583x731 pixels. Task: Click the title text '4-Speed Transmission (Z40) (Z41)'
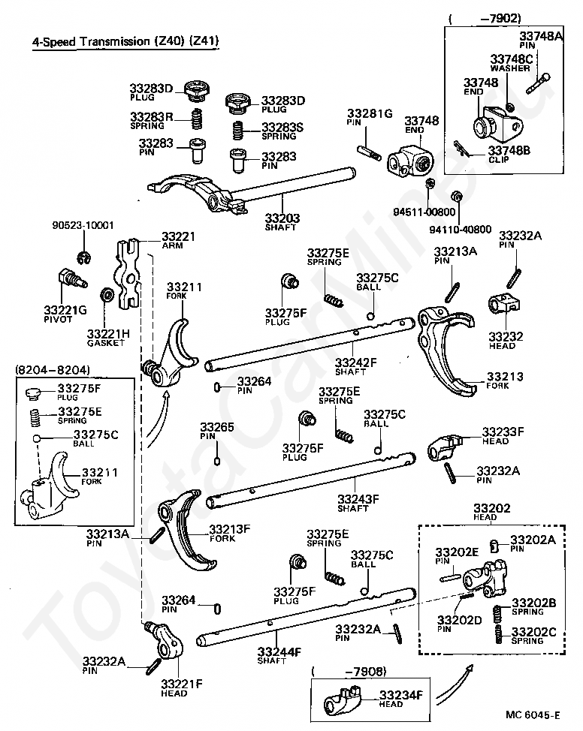125,42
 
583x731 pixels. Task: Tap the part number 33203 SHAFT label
282,222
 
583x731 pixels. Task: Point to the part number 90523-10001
83,224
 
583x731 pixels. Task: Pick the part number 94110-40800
461,229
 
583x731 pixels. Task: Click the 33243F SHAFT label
358,502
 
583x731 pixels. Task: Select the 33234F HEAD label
401,698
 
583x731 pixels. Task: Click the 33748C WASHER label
512,63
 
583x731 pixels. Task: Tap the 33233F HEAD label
503,435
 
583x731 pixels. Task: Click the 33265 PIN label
216,431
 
